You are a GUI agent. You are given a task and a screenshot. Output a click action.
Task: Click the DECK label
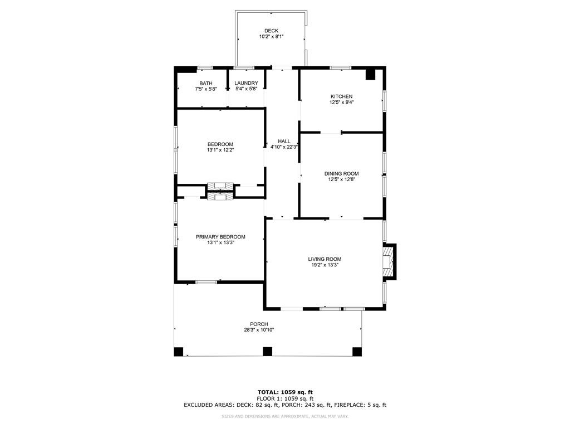[x=271, y=31]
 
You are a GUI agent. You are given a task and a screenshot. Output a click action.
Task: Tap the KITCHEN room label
[x=341, y=96]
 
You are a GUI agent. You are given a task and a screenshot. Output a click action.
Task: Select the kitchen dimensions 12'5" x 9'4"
[x=341, y=103]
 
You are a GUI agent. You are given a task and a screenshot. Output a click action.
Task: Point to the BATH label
[x=206, y=84]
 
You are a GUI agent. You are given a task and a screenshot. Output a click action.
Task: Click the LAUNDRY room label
[x=246, y=84]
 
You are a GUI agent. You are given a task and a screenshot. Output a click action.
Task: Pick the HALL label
[x=284, y=141]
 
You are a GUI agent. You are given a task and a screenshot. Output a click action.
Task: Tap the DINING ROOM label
[x=341, y=174]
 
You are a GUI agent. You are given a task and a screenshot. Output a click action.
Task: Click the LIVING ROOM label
[x=325, y=259]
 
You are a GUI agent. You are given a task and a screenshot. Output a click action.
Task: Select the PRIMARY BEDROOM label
[x=220, y=237]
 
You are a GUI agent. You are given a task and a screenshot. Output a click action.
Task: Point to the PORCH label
[x=259, y=324]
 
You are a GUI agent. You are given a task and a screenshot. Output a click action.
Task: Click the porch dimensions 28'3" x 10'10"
[x=259, y=330]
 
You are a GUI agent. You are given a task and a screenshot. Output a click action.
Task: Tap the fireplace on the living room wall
[x=389, y=262]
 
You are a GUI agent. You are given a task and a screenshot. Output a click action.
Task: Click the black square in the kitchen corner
[x=370, y=75]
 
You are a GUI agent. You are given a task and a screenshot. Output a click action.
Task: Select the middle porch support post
[x=267, y=352]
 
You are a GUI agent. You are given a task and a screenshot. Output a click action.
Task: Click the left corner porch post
[x=179, y=352]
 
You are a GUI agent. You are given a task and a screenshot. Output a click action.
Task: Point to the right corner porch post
[x=357, y=352]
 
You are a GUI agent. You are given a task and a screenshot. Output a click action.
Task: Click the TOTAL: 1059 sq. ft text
[x=285, y=392]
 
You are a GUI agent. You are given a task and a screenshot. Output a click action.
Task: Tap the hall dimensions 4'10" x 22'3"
[x=284, y=147]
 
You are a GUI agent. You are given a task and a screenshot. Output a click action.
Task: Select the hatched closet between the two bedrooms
[x=220, y=191]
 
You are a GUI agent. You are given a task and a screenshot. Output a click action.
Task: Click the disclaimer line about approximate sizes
[x=285, y=416]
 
